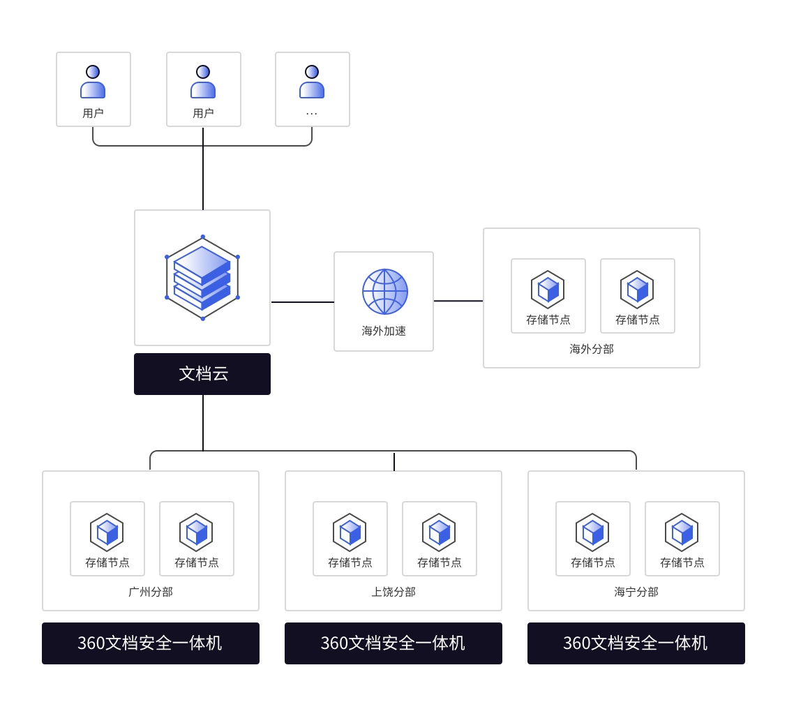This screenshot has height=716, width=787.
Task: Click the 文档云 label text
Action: [x=203, y=374]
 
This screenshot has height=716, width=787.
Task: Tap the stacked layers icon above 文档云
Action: [x=202, y=278]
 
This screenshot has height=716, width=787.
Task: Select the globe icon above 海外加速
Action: [x=384, y=291]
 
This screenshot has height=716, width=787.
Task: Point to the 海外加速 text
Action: [x=384, y=331]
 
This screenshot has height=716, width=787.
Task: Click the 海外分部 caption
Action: [x=592, y=349]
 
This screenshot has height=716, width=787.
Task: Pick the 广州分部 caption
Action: [x=151, y=592]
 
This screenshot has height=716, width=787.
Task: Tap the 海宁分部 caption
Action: [x=636, y=592]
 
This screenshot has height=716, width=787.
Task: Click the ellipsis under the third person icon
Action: [x=312, y=113]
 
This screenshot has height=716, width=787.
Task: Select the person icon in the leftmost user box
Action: [x=93, y=82]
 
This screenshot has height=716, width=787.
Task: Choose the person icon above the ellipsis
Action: [x=312, y=82]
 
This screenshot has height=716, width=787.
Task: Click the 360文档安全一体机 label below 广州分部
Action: [x=150, y=643]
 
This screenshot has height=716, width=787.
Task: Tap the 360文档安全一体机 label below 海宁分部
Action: [x=636, y=643]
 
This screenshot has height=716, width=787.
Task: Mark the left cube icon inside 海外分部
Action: [x=548, y=290]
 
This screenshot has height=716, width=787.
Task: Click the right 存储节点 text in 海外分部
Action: [x=638, y=320]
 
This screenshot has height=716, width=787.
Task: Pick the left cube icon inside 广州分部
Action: [x=107, y=532]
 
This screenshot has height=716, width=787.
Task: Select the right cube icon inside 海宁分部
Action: [x=682, y=532]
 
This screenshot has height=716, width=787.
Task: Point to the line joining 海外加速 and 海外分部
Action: [x=458, y=301]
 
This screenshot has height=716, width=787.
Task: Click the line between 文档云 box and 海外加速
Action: [x=302, y=302]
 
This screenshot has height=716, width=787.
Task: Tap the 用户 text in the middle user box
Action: [x=203, y=113]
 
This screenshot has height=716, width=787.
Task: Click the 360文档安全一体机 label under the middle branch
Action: [x=393, y=643]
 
